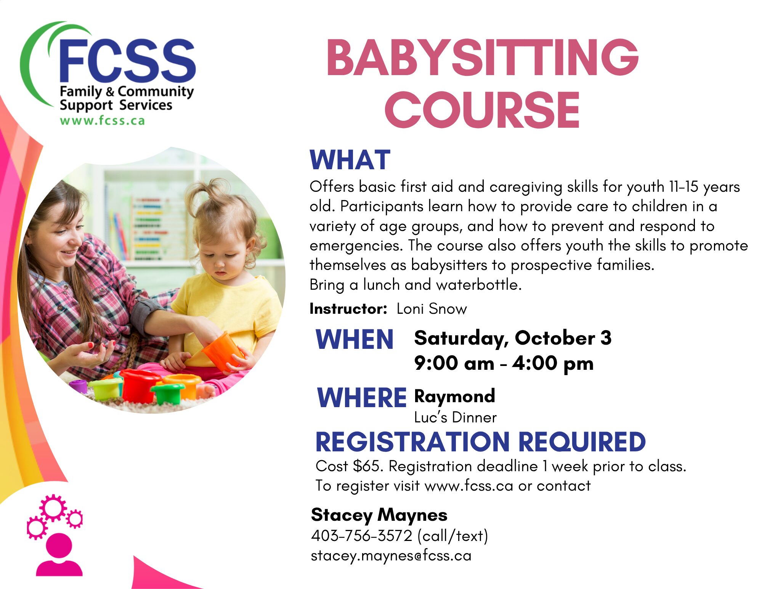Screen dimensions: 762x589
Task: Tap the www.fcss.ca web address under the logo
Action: pos(103,120)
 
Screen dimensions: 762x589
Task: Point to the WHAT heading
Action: pos(350,160)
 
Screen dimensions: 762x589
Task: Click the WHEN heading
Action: pos(355,339)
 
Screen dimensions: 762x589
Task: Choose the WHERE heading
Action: pos(362,397)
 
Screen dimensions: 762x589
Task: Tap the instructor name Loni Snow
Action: pos(432,309)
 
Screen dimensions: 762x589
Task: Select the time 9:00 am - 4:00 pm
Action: pos(504,363)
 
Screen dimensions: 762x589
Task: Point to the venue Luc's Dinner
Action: pos(455,417)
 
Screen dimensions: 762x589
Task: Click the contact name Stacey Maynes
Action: pos(379,515)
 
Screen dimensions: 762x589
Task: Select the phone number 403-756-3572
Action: pos(362,536)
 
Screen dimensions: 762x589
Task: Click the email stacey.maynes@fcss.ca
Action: pos(391,556)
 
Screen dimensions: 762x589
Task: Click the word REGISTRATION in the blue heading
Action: pos(412,442)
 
